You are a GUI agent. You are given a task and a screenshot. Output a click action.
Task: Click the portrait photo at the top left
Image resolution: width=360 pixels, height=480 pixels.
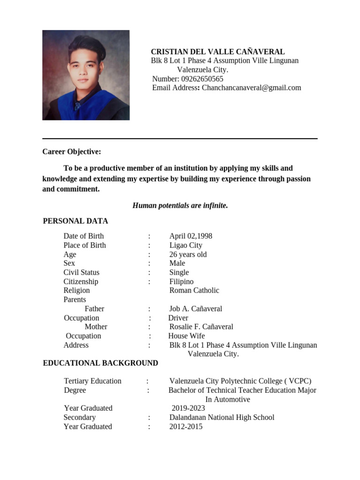(x=86, y=75)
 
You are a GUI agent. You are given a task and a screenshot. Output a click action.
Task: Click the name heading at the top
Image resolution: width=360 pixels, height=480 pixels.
(x=217, y=52)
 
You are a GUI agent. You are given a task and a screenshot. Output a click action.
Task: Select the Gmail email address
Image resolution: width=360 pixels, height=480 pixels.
(x=251, y=88)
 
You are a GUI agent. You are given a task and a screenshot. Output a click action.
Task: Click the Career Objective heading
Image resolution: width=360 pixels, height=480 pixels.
(x=71, y=152)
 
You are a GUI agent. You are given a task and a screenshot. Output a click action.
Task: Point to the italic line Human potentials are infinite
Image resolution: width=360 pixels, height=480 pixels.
(x=180, y=205)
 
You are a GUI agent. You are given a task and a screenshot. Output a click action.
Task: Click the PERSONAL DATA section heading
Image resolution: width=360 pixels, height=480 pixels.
(x=75, y=221)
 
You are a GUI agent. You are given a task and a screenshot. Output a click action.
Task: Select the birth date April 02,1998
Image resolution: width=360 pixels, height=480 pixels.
(x=190, y=236)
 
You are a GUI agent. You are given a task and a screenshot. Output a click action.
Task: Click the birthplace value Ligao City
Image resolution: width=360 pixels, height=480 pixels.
(x=186, y=245)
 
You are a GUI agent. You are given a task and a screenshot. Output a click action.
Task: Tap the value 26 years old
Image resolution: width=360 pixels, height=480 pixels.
(x=187, y=255)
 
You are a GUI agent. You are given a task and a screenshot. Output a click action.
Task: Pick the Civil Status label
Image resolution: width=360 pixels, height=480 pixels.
(x=82, y=272)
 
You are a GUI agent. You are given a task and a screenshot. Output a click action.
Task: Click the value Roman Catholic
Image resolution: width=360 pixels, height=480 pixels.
(x=194, y=290)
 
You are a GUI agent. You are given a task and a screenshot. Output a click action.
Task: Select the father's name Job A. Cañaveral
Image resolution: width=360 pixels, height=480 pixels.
(x=195, y=309)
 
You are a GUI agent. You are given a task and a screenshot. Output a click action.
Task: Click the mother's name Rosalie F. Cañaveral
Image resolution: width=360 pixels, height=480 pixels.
(x=201, y=327)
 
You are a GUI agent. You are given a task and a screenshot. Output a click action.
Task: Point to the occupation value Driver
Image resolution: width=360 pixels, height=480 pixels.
(x=178, y=318)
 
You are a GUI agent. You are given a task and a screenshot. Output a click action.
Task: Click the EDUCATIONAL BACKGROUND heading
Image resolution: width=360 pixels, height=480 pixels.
(x=100, y=363)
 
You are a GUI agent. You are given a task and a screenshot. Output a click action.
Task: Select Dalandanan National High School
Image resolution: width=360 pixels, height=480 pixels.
(x=222, y=417)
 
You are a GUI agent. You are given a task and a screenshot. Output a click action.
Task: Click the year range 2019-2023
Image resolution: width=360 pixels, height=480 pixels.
(x=188, y=408)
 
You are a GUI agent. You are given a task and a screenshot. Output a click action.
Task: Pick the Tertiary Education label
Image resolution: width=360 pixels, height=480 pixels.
(x=92, y=381)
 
